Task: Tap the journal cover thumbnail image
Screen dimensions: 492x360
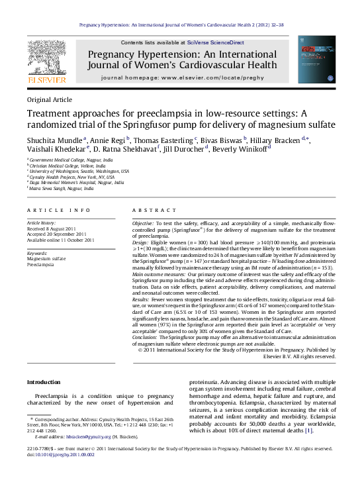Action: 312,60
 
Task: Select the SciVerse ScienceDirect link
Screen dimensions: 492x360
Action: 215,42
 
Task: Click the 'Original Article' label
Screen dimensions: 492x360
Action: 49,99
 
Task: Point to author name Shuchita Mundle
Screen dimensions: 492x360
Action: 55,140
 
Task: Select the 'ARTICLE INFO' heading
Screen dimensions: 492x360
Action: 58,210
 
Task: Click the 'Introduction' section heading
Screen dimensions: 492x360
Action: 43,383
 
